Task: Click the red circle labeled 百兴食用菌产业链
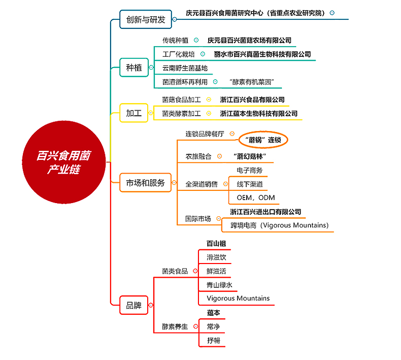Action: [64, 162]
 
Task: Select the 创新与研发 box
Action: [146, 19]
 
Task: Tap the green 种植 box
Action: [134, 68]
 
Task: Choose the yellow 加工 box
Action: [134, 113]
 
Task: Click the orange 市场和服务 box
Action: [145, 183]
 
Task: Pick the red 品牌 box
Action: [134, 305]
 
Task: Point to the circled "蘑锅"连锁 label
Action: [263, 140]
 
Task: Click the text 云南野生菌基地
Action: [185, 69]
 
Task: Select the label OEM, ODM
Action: [256, 198]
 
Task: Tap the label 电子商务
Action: [250, 170]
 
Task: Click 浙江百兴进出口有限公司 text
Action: [265, 212]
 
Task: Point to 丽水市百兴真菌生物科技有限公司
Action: [262, 54]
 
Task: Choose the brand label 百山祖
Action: [216, 244]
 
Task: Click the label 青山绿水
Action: [219, 285]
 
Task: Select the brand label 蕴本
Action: [213, 313]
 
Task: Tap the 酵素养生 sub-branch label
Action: [175, 326]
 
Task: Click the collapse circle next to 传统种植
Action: [196, 40]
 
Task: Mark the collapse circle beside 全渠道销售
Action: [225, 184]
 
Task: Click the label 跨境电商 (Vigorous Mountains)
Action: [280, 225]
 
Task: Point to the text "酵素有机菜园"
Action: [252, 82]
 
